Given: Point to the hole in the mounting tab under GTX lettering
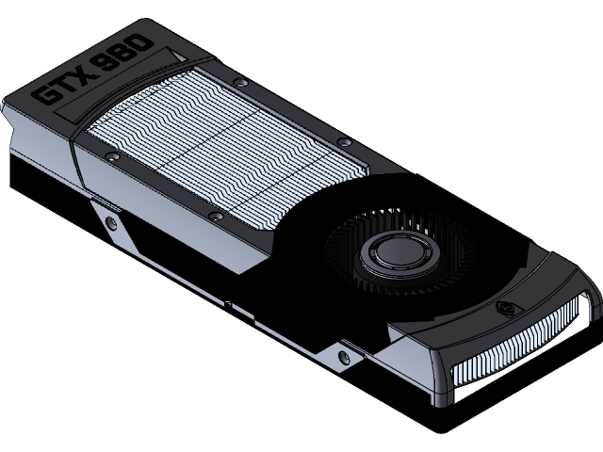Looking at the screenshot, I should [x=112, y=223].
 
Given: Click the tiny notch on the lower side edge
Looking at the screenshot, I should [x=229, y=303].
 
